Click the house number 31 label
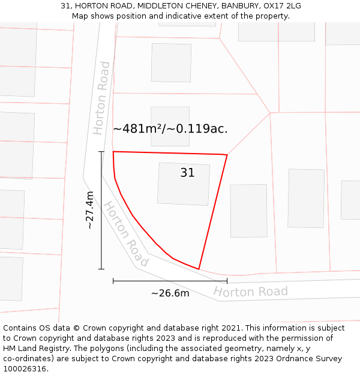187,173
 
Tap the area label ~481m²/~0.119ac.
170,128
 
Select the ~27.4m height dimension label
90,210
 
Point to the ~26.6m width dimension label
170,293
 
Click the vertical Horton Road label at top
101,97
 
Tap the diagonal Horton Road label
125,234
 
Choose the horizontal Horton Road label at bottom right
250,292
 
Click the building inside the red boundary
184,184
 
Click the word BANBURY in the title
238,6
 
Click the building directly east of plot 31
248,210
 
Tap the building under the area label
170,126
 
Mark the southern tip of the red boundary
199,269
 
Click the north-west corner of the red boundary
113,152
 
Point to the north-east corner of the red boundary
227,155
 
